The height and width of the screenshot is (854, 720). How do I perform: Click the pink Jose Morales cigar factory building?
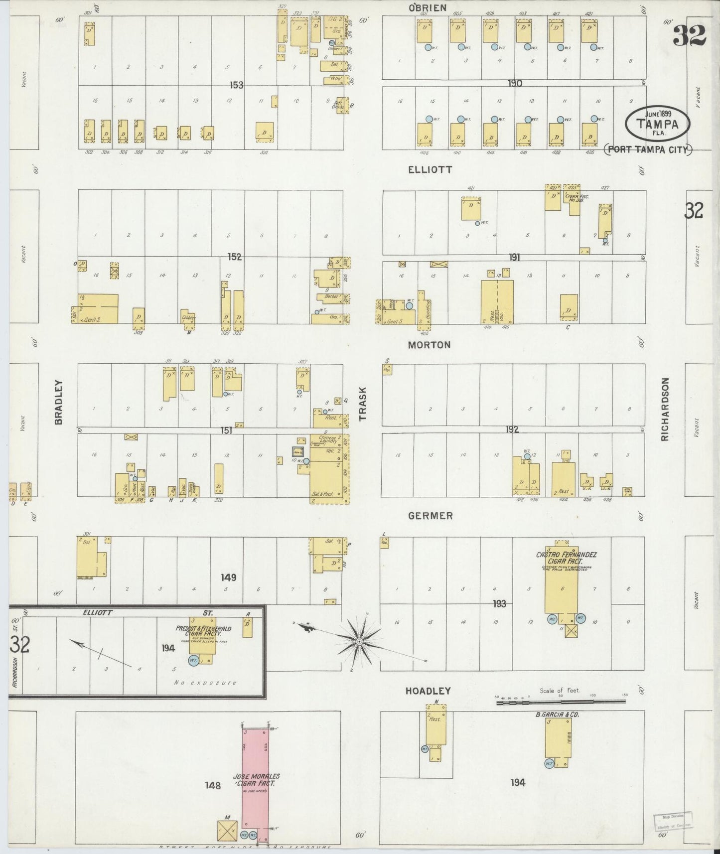(255, 777)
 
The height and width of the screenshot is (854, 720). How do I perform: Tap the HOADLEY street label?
(428, 691)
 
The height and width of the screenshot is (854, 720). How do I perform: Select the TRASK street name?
(363, 404)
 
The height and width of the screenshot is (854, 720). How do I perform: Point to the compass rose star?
(360, 640)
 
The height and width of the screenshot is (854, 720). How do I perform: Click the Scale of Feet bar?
(561, 702)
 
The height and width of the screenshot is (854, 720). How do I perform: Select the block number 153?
(236, 85)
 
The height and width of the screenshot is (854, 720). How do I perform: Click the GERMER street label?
(430, 516)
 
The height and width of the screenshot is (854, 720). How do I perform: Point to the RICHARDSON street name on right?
(664, 409)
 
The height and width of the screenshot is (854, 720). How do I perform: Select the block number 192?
(512, 429)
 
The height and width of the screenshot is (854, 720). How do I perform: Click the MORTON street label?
(429, 345)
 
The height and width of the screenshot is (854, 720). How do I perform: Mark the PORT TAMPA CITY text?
(648, 149)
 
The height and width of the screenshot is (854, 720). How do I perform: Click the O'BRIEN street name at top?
(427, 7)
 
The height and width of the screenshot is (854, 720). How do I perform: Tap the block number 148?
(213, 785)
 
